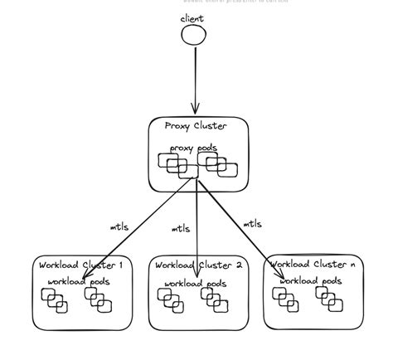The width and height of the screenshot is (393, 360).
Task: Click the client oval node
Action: click(193, 34)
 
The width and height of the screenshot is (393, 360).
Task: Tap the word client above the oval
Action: click(192, 17)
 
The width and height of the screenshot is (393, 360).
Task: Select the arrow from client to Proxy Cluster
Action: click(195, 79)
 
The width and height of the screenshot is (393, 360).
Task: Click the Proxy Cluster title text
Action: click(199, 127)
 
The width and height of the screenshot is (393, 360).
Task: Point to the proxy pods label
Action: click(194, 148)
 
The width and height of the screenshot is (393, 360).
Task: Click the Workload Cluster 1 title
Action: click(80, 265)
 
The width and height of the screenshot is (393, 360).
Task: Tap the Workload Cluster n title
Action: click(313, 265)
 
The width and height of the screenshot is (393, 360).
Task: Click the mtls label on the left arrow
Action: click(119, 226)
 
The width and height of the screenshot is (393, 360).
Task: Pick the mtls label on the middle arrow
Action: click(180, 228)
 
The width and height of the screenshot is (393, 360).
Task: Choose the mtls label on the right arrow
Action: click(252, 223)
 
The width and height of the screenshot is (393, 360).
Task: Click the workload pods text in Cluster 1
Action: click(79, 282)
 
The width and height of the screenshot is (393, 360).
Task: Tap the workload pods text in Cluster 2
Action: click(195, 283)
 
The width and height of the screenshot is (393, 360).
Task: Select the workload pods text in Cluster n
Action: click(310, 281)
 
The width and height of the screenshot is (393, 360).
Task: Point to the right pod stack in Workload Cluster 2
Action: click(215, 301)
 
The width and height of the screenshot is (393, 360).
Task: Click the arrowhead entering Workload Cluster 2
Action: click(196, 274)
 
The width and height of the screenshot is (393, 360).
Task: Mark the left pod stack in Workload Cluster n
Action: click(286, 299)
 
